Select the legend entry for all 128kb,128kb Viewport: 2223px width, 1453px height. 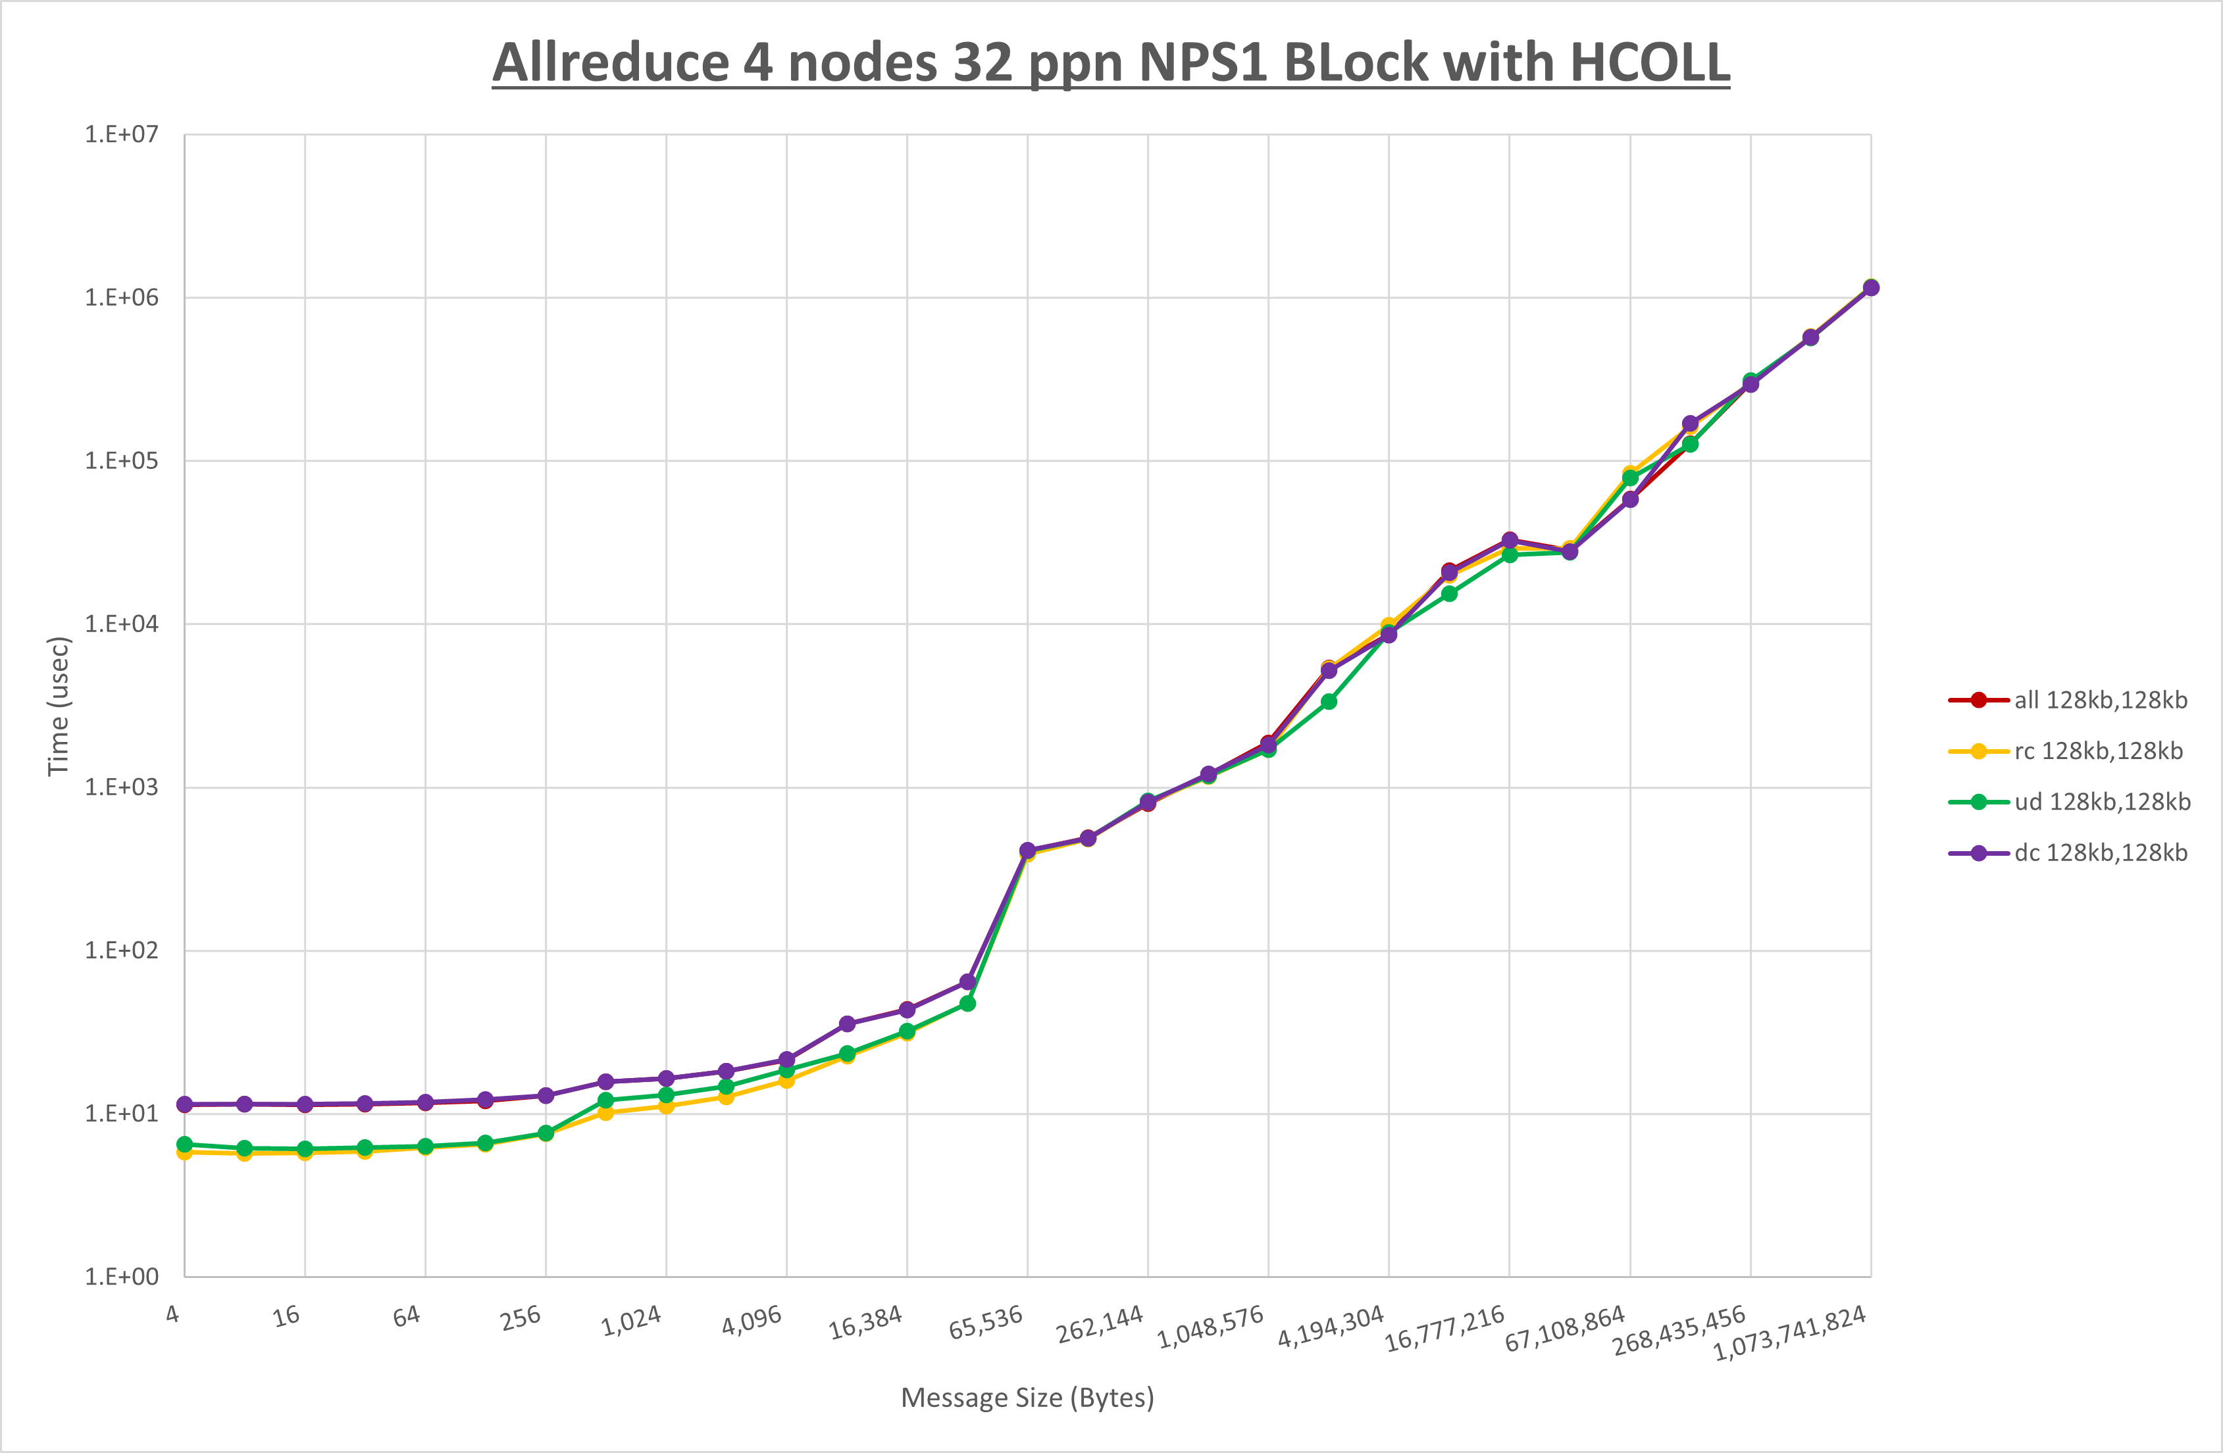(2100, 701)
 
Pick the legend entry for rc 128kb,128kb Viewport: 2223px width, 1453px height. (2098, 751)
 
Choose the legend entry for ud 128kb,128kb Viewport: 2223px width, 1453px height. (2101, 802)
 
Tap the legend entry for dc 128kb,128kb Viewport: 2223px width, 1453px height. (2100, 852)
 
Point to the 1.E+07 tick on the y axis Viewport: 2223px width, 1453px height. (122, 134)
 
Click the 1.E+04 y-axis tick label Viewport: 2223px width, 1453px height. (122, 624)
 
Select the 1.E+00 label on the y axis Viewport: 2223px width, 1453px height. (122, 1277)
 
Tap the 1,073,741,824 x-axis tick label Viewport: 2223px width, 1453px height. (1789, 1333)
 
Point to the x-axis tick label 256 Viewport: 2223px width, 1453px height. (521, 1318)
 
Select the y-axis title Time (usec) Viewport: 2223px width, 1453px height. (58, 706)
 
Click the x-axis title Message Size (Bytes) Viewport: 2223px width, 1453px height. (1027, 1398)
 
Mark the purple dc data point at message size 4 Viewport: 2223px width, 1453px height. (185, 1104)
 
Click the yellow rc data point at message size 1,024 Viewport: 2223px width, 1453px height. (666, 1106)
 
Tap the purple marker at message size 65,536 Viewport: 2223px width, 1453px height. (1027, 850)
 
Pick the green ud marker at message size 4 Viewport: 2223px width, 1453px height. (185, 1144)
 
